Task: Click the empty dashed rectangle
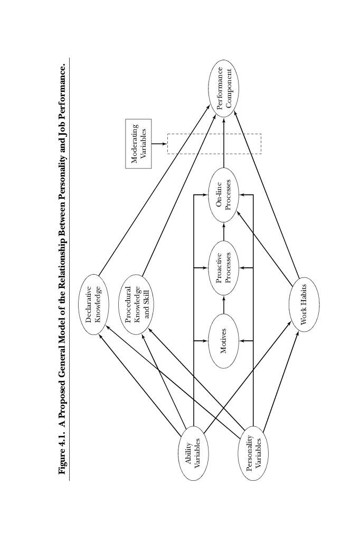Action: (x=167, y=144)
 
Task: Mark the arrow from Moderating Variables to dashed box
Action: (x=159, y=144)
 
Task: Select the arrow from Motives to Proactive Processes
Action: (x=224, y=304)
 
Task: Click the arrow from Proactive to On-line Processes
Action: (x=224, y=231)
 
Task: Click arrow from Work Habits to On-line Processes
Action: (x=264, y=249)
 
